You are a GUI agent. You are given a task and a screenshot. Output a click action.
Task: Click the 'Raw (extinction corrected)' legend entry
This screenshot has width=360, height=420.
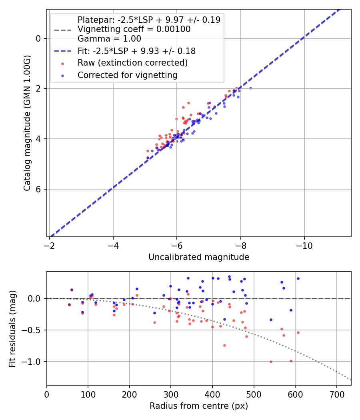click(132, 63)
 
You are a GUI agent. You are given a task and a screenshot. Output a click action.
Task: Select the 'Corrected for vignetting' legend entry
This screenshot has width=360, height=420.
click(128, 75)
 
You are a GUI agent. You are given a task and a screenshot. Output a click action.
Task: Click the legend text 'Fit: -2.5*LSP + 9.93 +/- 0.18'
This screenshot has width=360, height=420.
click(136, 51)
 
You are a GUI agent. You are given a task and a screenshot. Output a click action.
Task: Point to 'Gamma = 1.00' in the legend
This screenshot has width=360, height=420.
click(109, 39)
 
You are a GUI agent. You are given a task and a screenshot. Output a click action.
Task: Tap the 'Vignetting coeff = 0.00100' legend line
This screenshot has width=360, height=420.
click(134, 29)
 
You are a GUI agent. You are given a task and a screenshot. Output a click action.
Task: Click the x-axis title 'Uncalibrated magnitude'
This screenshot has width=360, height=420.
click(199, 257)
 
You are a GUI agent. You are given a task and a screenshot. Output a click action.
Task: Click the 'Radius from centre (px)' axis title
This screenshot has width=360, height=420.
click(199, 406)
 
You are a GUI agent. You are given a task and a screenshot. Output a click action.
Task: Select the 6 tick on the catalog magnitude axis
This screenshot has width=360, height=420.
click(38, 189)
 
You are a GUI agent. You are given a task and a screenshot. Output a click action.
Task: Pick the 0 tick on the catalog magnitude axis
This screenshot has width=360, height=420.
click(38, 38)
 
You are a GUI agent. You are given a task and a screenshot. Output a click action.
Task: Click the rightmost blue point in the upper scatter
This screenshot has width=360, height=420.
click(250, 88)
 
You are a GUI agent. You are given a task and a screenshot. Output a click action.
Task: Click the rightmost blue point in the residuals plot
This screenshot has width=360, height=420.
click(298, 278)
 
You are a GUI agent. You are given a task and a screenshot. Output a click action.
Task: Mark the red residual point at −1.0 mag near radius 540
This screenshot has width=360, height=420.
click(271, 362)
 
